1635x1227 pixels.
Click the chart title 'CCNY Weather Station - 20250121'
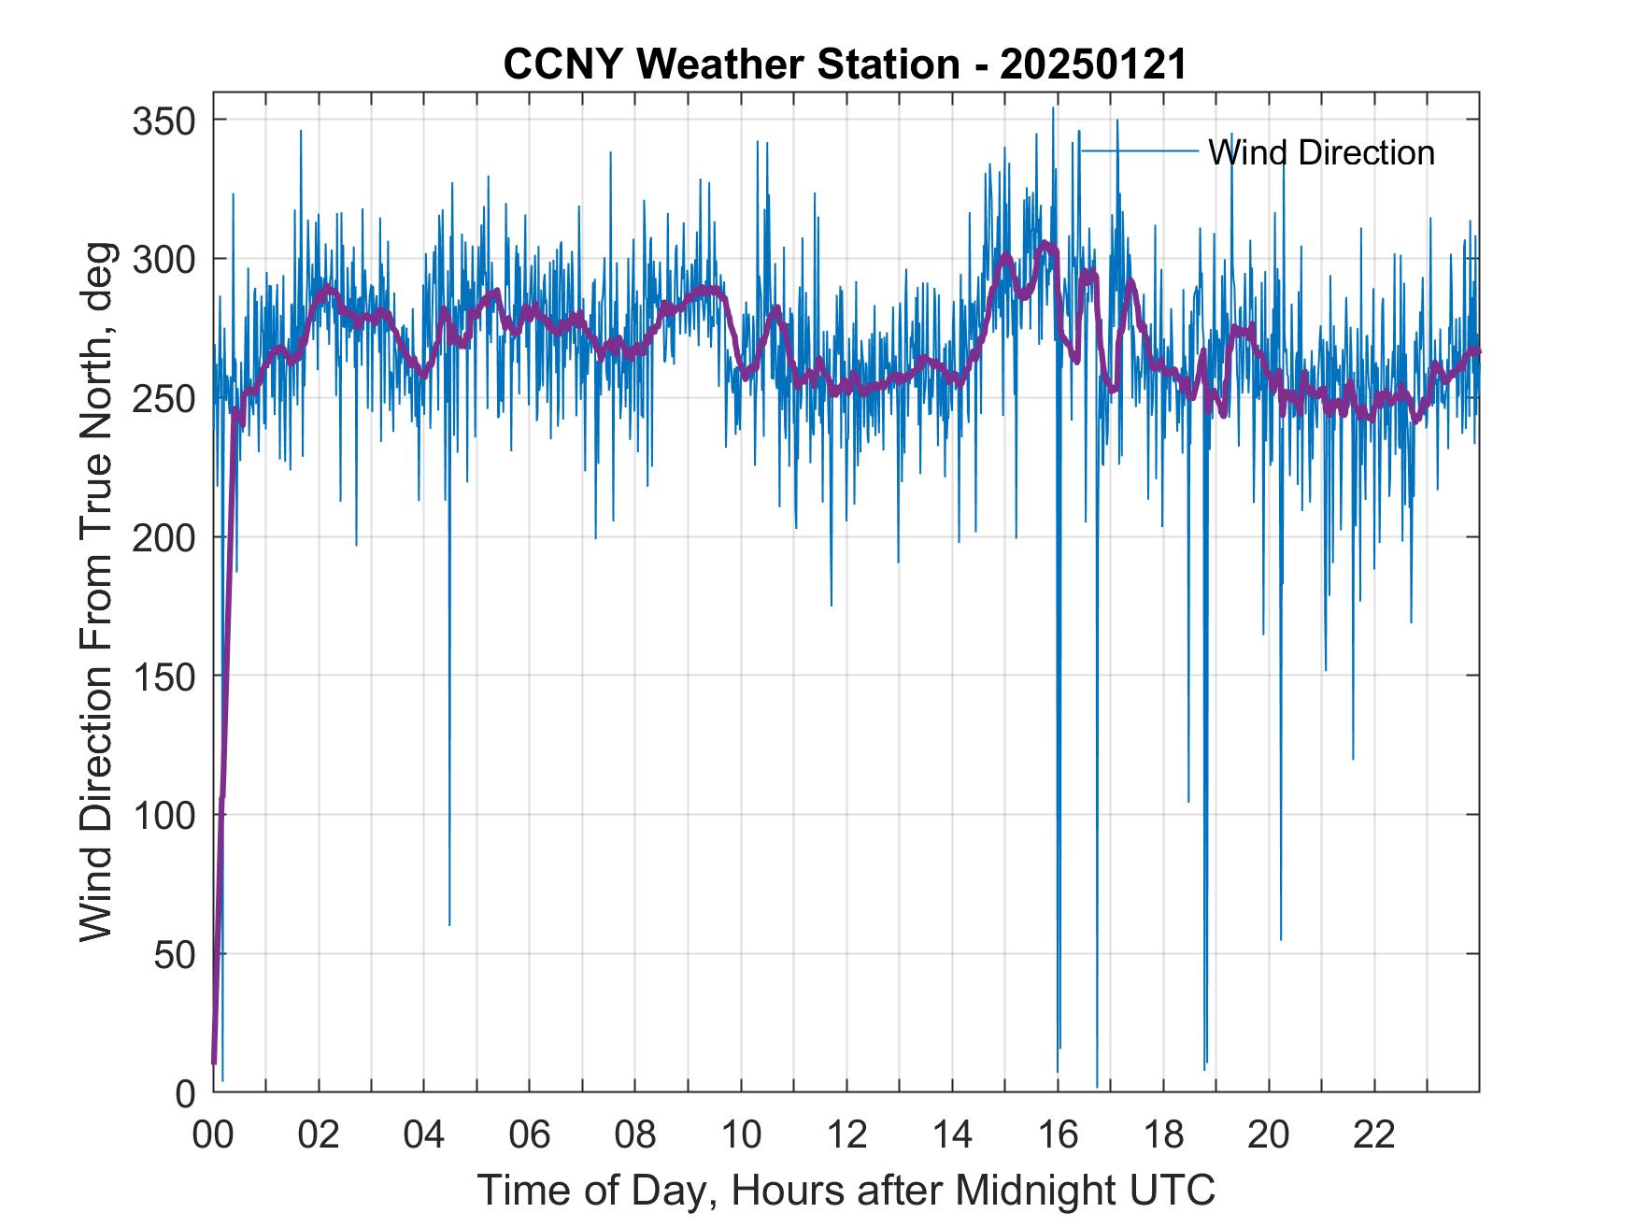point(845,64)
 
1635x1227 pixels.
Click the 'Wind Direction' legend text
point(1321,152)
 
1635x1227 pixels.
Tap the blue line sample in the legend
point(1139,150)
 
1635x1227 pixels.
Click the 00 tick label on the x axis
point(213,1134)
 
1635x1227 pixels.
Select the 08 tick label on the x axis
point(635,1134)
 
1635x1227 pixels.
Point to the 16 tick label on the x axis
point(1058,1134)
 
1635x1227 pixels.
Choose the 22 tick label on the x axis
point(1374,1134)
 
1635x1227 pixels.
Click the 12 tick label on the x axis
point(846,1134)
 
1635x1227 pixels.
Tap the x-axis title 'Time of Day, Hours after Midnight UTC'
point(846,1190)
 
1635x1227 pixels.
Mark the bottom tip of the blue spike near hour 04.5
point(449,925)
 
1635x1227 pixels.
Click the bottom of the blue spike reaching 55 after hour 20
point(1281,939)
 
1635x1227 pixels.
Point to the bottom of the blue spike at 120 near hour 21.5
point(1352,759)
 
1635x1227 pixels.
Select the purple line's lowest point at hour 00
point(214,1063)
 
